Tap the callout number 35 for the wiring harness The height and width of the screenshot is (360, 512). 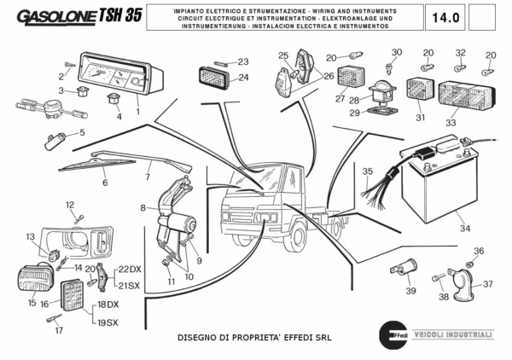(368, 171)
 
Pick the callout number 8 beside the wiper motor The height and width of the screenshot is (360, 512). (143, 207)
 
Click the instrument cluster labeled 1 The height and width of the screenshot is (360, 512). (119, 77)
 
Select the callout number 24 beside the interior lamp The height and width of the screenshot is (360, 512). (243, 78)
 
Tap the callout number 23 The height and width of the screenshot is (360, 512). (243, 61)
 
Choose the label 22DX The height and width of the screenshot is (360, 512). (130, 269)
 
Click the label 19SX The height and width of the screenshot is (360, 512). (108, 323)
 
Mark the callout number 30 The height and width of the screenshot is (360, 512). (395, 52)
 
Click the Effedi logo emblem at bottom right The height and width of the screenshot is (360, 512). (392, 334)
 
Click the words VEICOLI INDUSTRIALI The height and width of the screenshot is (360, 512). (453, 334)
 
